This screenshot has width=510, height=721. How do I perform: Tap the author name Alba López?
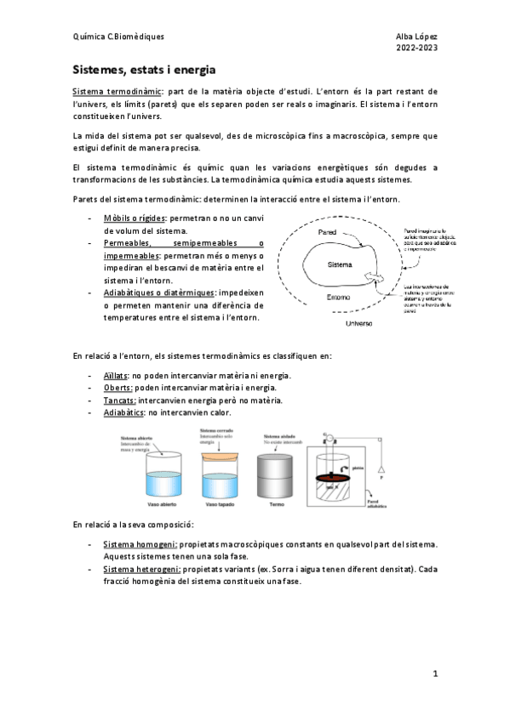[416, 37]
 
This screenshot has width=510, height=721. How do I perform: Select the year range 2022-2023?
[416, 48]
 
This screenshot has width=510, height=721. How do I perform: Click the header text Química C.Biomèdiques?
[118, 37]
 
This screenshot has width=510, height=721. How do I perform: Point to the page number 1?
[434, 674]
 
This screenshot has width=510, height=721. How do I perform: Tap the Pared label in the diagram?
[326, 231]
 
